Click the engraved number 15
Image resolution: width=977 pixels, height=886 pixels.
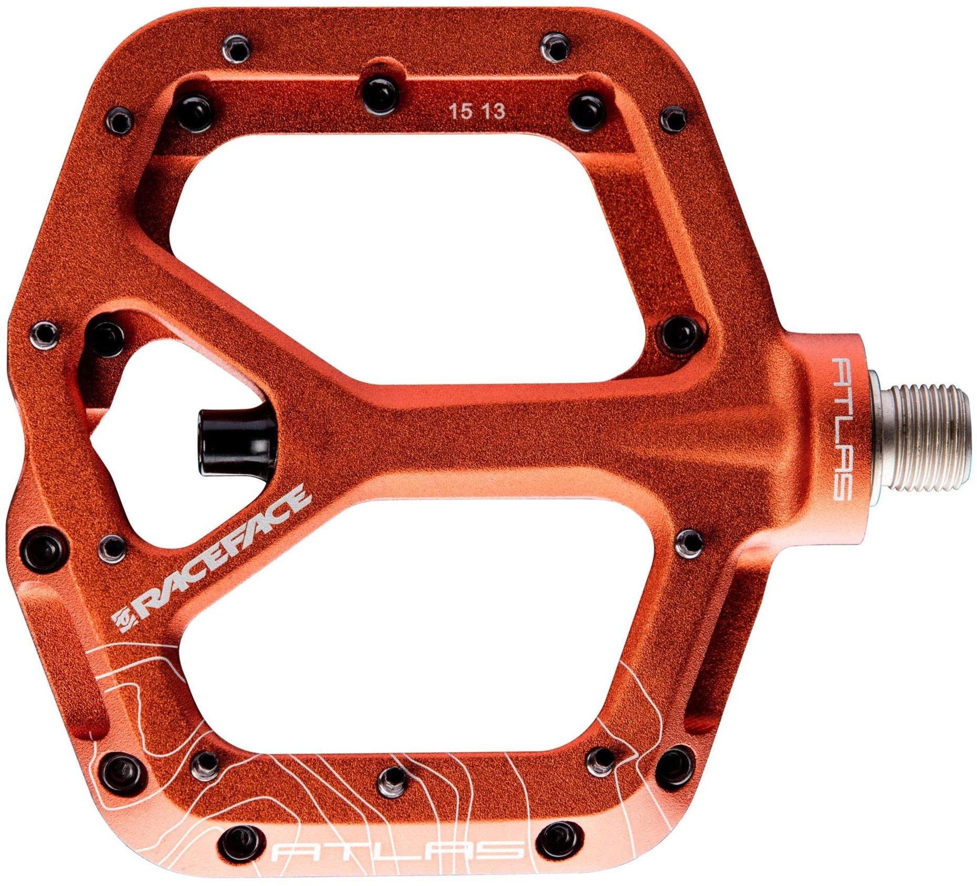[460, 111]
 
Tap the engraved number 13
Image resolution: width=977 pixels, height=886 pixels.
[493, 111]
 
